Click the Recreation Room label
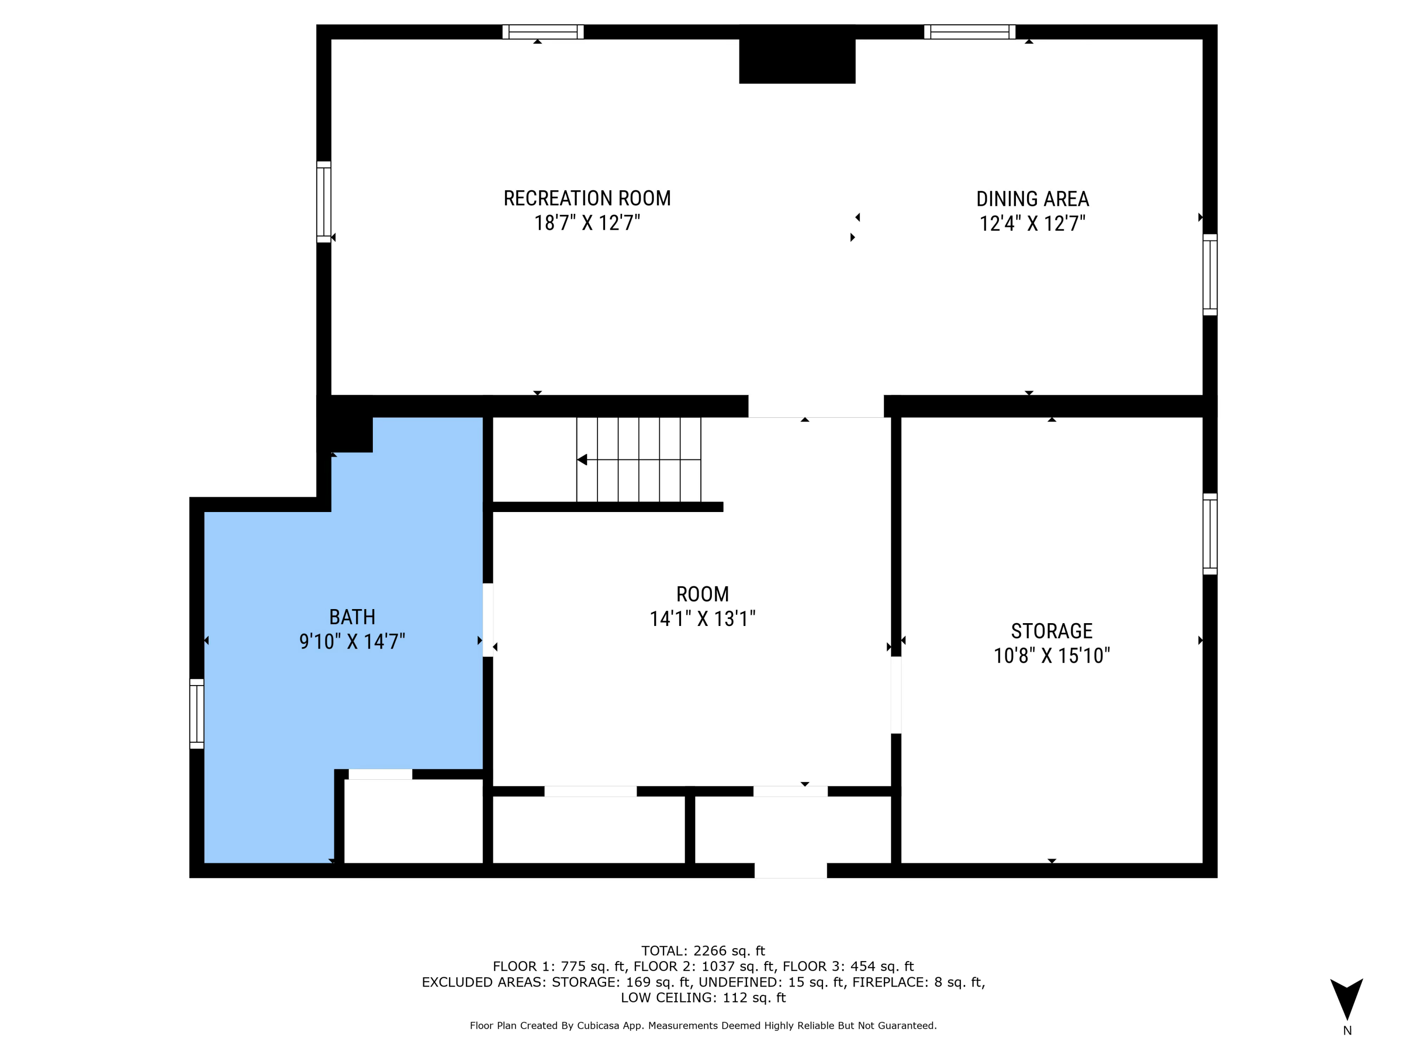tap(587, 198)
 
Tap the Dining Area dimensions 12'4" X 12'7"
tap(1032, 223)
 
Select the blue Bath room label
tap(352, 617)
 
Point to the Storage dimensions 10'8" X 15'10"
tap(1051, 655)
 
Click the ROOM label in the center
tap(702, 594)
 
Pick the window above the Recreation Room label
tap(543, 32)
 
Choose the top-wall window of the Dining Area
tap(969, 32)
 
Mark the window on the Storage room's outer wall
tap(1210, 534)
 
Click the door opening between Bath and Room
tap(488, 619)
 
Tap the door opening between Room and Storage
tap(896, 695)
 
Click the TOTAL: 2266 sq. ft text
tap(703, 951)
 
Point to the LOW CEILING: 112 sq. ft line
tap(703, 997)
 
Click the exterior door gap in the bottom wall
tap(791, 871)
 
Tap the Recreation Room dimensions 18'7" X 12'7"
tap(587, 223)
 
